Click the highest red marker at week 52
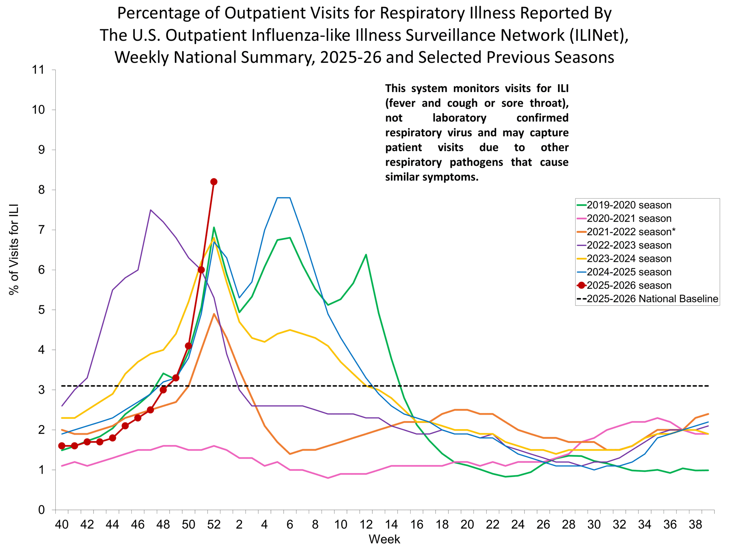[214, 182]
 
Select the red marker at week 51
[201, 270]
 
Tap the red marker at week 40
[62, 446]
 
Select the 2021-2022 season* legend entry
[630, 232]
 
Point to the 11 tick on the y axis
[38, 70]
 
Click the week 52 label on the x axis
[214, 525]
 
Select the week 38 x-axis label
[695, 525]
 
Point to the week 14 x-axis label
[391, 525]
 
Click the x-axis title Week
[384, 539]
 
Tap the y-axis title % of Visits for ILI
[14, 250]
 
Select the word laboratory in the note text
[460, 118]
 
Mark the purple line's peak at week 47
[150, 210]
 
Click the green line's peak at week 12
[366, 254]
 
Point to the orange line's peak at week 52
[214, 314]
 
